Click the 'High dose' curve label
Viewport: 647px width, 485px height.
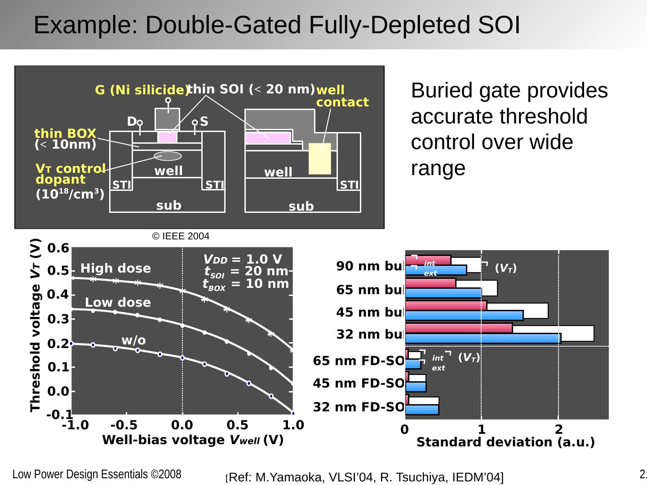coord(115,269)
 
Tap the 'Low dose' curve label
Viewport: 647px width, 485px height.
coord(118,303)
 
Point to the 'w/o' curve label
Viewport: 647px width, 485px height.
coord(133,340)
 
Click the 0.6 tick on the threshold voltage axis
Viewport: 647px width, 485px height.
coord(58,248)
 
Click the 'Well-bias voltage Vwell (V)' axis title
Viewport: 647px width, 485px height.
coord(193,440)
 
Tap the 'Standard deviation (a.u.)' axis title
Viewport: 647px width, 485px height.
coord(505,442)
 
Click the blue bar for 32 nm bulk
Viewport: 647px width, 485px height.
coord(483,339)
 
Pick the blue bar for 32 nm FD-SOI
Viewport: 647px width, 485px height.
coord(422,410)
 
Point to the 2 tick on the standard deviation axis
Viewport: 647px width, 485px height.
coord(558,430)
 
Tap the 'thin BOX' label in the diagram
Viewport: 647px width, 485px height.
coord(66,133)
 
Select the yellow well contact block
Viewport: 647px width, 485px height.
coord(320,159)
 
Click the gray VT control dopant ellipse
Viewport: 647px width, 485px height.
coord(168,156)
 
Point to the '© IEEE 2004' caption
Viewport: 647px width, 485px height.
coord(181,236)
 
